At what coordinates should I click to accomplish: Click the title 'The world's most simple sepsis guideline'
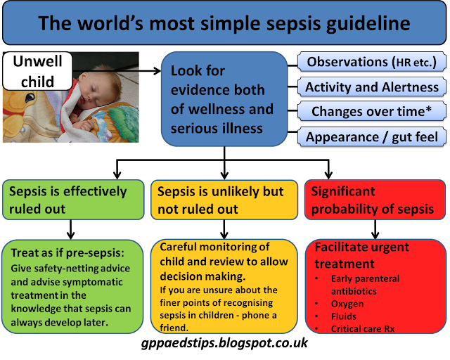coord(224,24)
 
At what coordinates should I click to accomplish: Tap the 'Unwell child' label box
coord(37,70)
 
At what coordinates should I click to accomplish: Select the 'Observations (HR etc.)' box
coord(371,63)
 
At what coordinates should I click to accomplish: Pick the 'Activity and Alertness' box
coord(371,87)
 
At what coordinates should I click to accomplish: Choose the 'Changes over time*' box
coord(371,111)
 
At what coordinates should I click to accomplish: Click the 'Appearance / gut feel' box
coord(371,136)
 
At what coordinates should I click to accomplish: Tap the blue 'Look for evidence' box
coord(221,98)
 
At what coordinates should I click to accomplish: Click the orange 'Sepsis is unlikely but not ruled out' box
coord(223,200)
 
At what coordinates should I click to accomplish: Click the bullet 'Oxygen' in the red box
coord(347,304)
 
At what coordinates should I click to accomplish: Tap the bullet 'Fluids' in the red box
coord(345,317)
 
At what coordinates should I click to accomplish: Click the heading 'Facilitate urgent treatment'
coord(361,255)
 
